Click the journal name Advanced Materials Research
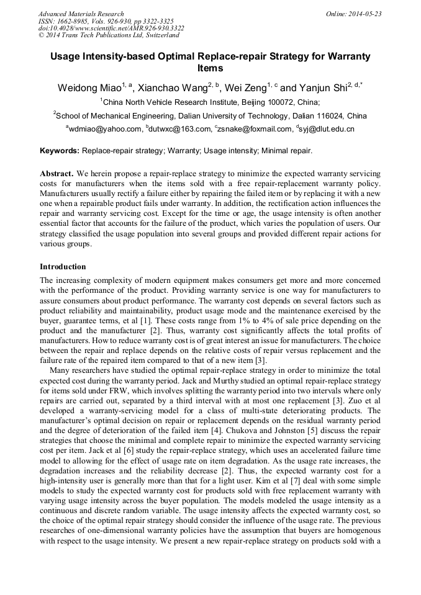click(x=81, y=14)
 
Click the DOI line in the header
click(x=111, y=28)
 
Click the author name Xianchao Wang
click(x=172, y=88)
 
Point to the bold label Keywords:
click(x=60, y=151)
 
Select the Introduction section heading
click(x=63, y=267)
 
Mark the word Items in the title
click(x=210, y=68)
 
